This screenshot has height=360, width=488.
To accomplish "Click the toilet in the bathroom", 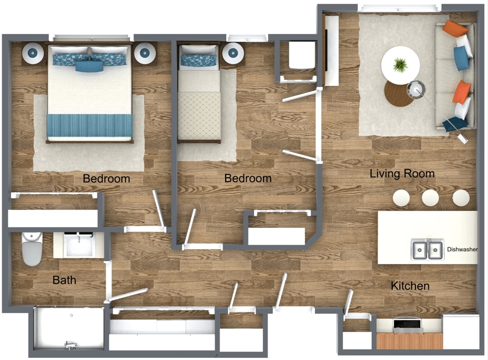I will [32, 250].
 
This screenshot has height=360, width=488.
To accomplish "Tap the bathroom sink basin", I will [79, 246].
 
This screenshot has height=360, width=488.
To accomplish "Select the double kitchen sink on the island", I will [427, 250].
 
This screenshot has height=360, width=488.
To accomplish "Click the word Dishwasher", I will [462, 250].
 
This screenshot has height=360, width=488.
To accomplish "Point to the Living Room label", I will [402, 174].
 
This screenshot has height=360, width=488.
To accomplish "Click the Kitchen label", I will [409, 286].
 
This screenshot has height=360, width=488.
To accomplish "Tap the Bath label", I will [64, 280].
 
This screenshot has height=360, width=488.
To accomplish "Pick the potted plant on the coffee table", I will [400, 65].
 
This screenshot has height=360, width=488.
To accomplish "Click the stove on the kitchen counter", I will [409, 325].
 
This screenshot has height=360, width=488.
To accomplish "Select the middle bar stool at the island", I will [430, 197].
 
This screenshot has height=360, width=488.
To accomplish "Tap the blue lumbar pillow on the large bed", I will [89, 66].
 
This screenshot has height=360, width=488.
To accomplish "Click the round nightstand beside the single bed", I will [232, 53].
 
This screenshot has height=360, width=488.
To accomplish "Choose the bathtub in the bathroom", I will [69, 328].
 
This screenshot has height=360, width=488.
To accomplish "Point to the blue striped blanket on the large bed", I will [89, 125].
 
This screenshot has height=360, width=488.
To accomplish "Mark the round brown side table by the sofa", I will [399, 93].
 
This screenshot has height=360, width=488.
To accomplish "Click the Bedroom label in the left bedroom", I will [106, 179].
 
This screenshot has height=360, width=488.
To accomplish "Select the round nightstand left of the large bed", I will [32, 53].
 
